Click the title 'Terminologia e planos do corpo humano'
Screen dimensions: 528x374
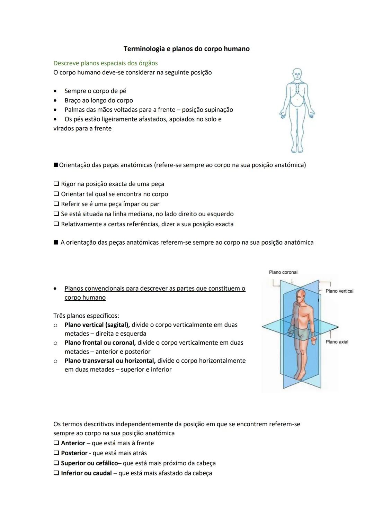click(x=186, y=49)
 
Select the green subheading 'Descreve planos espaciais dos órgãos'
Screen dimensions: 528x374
click(x=105, y=63)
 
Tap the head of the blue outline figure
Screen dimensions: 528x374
click(x=297, y=73)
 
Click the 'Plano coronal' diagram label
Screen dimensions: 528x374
click(x=283, y=272)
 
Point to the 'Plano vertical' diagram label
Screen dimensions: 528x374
click(x=339, y=291)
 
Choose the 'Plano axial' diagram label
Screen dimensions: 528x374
click(x=337, y=342)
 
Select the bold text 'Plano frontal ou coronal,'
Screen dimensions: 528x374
click(x=100, y=343)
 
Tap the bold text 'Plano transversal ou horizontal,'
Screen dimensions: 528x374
click(x=110, y=361)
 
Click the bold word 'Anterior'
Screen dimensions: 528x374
click(x=73, y=443)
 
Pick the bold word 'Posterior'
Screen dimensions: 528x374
click(x=74, y=453)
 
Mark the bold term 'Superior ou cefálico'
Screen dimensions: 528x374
click(x=89, y=463)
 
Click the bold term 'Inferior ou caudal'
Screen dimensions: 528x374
click(x=86, y=473)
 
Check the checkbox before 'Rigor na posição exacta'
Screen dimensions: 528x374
click(x=56, y=184)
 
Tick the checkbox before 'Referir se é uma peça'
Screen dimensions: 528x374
click(x=56, y=204)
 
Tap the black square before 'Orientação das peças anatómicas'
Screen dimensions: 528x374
click(x=56, y=165)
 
